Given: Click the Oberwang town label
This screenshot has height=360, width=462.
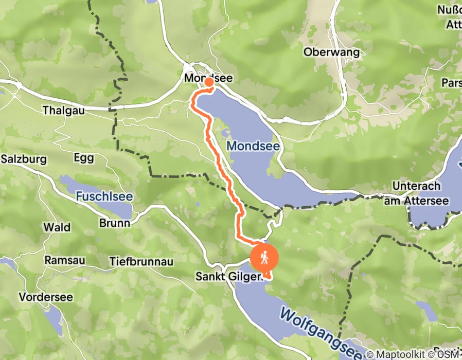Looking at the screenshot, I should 328,52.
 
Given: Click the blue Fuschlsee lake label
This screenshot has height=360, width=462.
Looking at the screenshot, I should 104,196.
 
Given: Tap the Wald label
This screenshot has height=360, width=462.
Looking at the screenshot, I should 54,227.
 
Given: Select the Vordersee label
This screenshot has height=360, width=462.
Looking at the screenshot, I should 46,297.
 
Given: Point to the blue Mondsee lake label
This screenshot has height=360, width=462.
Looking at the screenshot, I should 253,146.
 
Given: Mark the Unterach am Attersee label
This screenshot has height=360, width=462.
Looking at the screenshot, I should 416,191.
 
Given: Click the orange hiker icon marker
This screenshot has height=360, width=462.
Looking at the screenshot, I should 264,258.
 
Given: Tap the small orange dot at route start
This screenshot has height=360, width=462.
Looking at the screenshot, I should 209,82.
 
